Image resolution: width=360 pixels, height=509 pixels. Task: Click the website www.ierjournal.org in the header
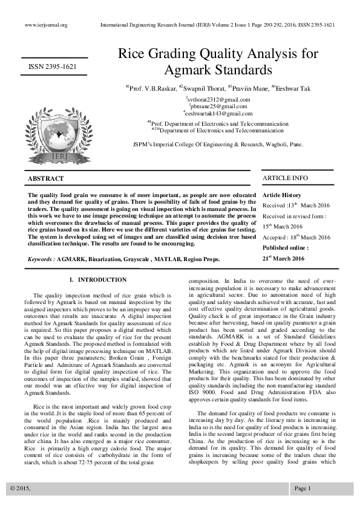[x=46, y=25]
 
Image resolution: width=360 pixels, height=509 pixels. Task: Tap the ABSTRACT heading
[x=45, y=179]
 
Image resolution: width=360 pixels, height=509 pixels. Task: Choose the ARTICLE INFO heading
[x=284, y=178]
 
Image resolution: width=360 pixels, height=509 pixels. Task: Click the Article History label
[x=281, y=195]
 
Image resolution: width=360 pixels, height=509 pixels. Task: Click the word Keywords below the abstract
[x=40, y=259]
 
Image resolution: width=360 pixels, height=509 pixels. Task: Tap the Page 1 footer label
[x=302, y=488]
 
